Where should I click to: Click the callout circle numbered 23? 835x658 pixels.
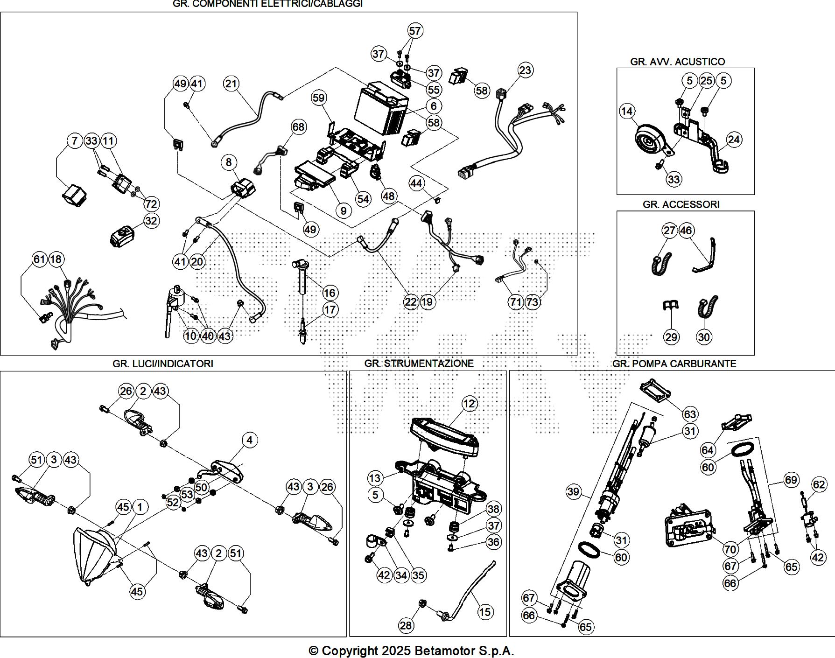click(525, 70)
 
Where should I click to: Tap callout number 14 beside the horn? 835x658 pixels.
click(627, 111)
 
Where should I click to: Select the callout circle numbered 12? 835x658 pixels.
click(469, 404)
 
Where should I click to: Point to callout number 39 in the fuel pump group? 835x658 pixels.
click(573, 491)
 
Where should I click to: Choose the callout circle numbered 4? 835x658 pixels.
click(250, 440)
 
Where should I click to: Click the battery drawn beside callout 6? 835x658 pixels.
click(380, 110)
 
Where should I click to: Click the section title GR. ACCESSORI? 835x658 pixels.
click(681, 204)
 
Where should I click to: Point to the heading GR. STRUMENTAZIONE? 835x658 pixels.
click(419, 364)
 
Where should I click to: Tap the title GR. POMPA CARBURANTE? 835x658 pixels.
click(674, 364)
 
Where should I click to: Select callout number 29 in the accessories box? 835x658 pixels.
click(671, 337)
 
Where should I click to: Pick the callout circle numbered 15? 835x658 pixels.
click(485, 612)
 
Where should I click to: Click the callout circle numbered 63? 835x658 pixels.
click(690, 414)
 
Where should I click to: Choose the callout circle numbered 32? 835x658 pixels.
click(151, 221)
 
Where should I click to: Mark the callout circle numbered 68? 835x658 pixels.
click(298, 127)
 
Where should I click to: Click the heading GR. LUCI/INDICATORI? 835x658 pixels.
click(162, 364)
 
